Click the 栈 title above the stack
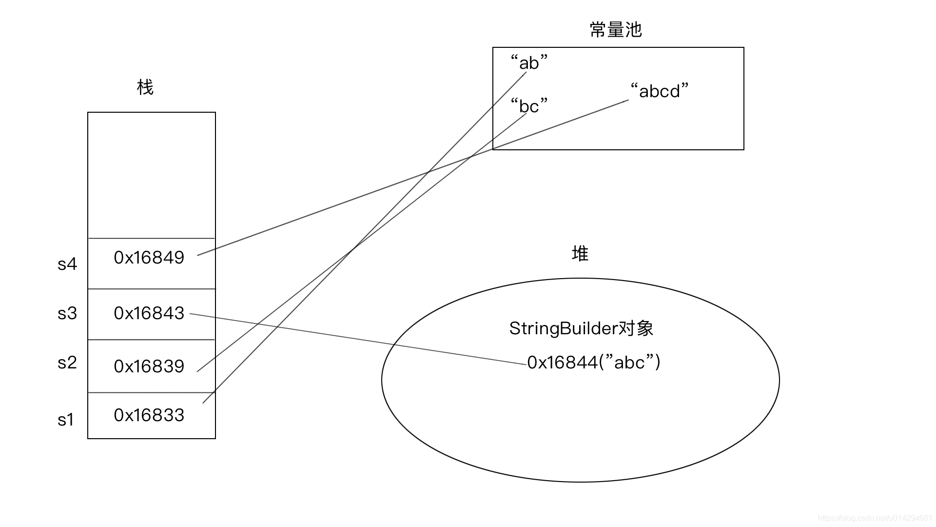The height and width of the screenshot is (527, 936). [145, 87]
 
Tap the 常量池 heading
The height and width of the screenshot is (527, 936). [615, 30]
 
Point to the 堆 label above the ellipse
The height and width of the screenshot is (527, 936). [580, 254]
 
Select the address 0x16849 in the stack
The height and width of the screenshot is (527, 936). [149, 258]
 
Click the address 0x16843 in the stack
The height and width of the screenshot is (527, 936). [149, 313]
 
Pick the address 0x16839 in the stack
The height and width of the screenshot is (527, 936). [149, 366]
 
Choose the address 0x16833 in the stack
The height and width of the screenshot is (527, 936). [149, 415]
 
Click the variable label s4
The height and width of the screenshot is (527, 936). [67, 264]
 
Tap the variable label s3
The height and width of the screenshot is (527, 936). [67, 313]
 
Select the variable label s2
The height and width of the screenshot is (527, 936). [67, 363]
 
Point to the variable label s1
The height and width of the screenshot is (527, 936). [66, 420]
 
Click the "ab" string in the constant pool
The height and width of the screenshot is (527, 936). [529, 63]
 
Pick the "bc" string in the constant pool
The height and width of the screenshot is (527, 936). [529, 106]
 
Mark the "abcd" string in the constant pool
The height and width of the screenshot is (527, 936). [659, 91]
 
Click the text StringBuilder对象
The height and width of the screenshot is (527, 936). [581, 328]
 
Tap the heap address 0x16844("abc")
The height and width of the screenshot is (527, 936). [594, 363]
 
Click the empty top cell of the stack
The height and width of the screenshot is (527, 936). [152, 176]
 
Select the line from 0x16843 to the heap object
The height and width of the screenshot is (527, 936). [358, 339]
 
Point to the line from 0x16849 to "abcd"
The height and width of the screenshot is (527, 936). [341, 203]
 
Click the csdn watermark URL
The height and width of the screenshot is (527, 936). [875, 518]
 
